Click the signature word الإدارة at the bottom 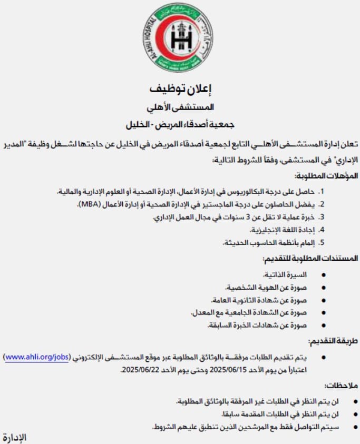click(x=14, y=438)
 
